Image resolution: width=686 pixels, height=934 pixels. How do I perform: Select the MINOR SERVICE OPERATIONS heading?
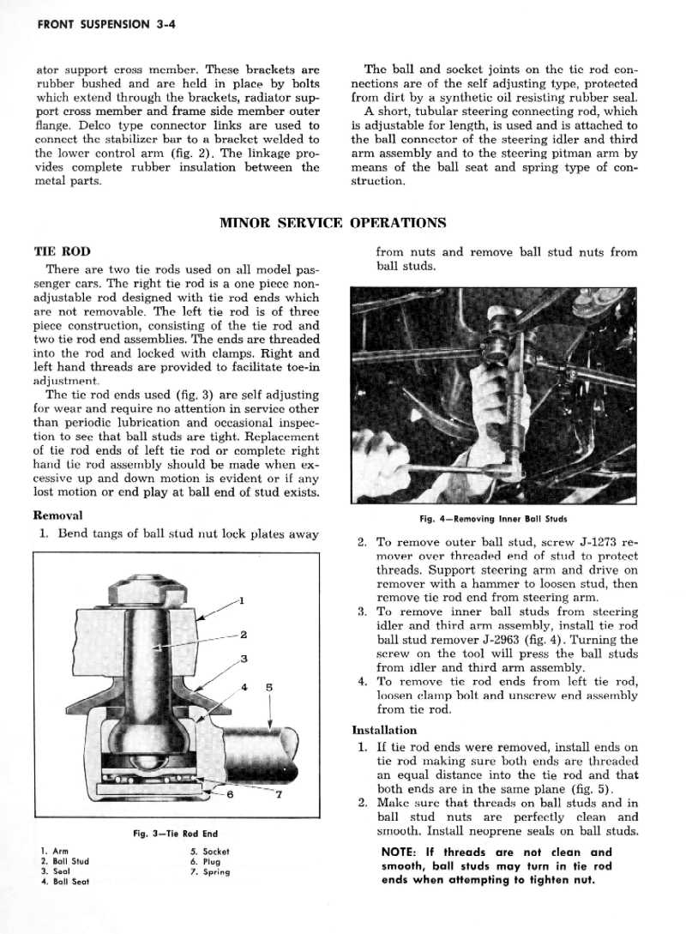(x=333, y=223)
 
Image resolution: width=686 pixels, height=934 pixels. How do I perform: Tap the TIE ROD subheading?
(x=57, y=253)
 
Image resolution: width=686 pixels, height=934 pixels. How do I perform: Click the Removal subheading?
(x=57, y=515)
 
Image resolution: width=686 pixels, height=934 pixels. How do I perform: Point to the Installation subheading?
(x=384, y=730)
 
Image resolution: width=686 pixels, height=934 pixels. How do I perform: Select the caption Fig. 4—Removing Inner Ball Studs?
(x=493, y=519)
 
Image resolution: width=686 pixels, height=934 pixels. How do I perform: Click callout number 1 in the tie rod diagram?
(x=243, y=600)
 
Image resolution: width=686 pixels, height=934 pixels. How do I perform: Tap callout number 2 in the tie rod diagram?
(x=244, y=635)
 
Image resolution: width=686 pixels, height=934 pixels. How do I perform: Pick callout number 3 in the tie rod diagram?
(x=244, y=659)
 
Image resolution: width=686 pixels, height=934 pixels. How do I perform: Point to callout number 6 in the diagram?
(x=231, y=793)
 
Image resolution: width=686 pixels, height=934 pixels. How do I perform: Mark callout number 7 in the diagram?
(x=279, y=793)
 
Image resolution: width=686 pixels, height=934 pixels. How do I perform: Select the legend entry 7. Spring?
(x=210, y=871)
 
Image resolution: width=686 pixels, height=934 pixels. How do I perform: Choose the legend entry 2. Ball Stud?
(x=65, y=861)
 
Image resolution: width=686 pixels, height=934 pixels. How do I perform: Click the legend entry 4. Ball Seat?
(x=65, y=881)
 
